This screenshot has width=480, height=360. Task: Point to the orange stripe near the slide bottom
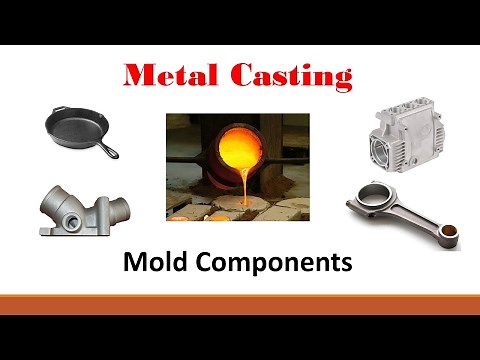[240, 304]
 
